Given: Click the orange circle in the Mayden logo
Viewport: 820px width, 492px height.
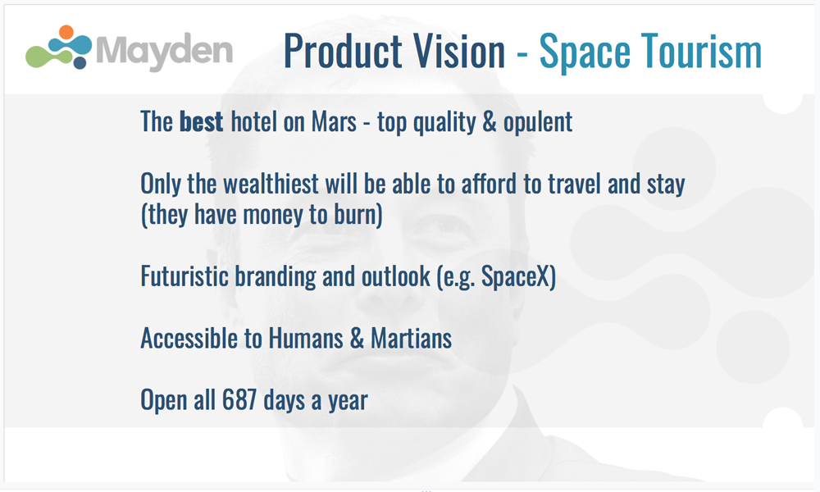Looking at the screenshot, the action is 66,32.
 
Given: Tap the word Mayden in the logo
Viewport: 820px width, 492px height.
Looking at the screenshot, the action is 164,51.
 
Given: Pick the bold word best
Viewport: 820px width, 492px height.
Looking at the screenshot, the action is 202,122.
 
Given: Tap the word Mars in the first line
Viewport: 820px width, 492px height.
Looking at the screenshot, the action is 335,122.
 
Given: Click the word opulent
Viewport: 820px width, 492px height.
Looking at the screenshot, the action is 538,123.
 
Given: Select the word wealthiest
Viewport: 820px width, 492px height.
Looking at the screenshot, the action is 271,184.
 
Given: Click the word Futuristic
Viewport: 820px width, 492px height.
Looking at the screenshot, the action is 184,276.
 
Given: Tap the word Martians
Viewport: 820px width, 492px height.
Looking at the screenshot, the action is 411,339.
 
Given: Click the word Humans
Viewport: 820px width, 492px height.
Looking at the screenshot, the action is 306,339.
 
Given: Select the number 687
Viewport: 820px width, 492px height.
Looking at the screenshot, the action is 239,400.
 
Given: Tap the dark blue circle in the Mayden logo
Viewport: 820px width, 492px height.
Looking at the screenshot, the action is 80,63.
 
